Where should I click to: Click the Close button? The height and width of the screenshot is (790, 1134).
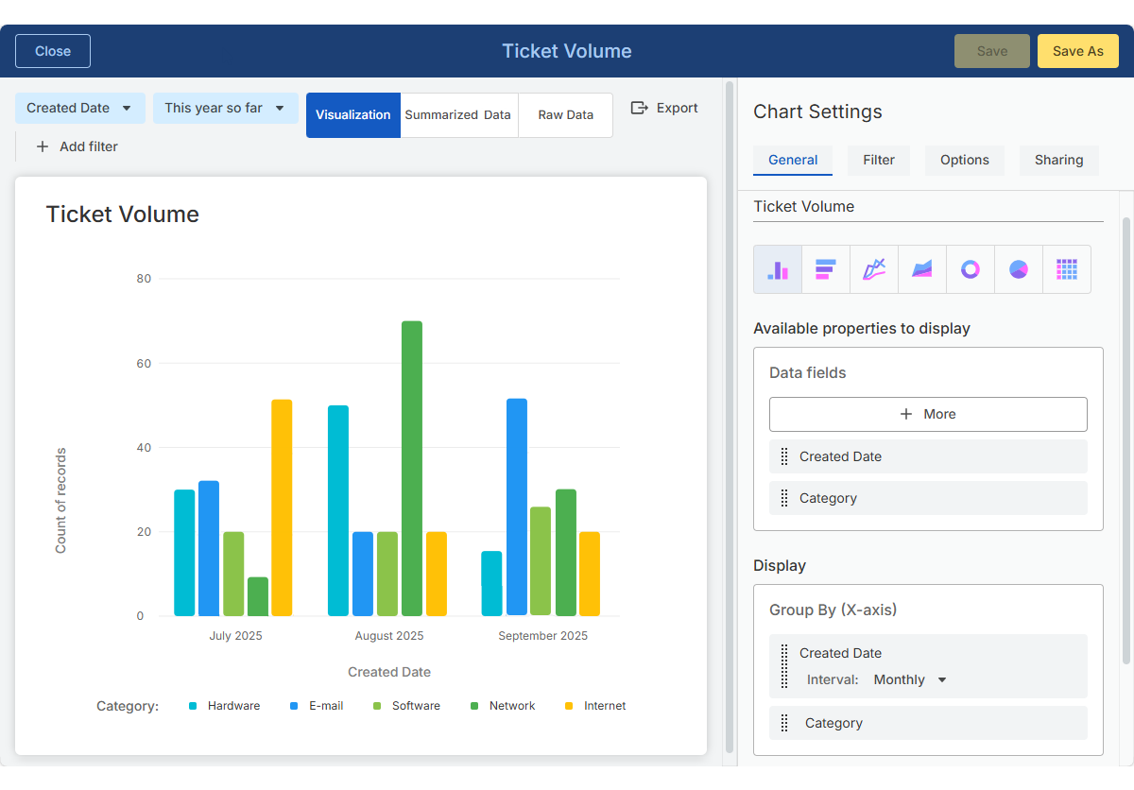coord(53,51)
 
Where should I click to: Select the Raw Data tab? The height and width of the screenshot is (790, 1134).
coord(565,115)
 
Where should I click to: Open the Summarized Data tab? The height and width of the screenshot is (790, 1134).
coord(458,115)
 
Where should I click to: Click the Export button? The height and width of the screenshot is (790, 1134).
coord(664,108)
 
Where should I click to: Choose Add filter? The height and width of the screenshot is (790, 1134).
coord(77,146)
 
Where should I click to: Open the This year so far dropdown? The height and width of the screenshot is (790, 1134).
coord(225,108)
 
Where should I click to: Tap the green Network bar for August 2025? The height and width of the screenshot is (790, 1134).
coord(412,468)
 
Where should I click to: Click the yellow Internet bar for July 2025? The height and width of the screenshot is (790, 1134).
coord(282,507)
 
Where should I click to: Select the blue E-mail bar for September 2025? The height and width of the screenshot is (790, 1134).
coord(517,507)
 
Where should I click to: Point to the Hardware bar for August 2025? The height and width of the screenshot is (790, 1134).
coord(338,510)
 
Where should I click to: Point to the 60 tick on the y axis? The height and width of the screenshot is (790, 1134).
coord(144,363)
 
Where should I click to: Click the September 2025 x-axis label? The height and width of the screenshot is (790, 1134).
coord(542,636)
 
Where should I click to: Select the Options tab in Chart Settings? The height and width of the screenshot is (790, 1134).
coord(964,160)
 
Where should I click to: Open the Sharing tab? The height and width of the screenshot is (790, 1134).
coord(1058,160)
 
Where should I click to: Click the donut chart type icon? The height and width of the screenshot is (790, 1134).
coord(971,269)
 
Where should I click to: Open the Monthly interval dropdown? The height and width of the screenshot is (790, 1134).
coord(909,679)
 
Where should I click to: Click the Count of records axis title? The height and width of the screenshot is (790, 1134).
coord(61,501)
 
